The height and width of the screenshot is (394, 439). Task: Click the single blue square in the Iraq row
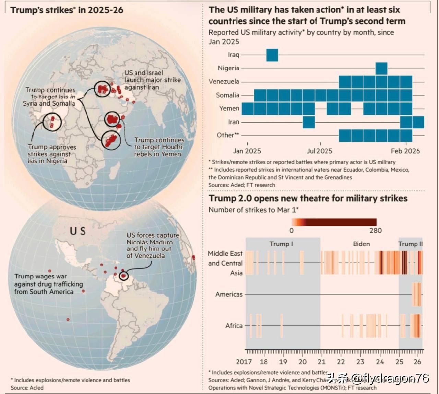tap(272, 55)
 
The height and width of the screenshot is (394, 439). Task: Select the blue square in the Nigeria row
tap(381, 68)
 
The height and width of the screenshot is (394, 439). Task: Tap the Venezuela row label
tap(224, 82)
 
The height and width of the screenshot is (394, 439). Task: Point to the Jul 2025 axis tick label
tap(320, 151)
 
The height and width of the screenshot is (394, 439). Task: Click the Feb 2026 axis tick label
tap(405, 151)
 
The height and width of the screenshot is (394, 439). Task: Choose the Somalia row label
tap(227, 95)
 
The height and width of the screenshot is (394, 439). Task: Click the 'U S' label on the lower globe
tap(78, 231)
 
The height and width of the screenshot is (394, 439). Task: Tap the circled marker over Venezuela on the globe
tap(123, 276)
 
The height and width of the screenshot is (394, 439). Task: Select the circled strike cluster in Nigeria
tap(52, 121)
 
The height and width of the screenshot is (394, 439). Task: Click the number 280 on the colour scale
tap(376, 231)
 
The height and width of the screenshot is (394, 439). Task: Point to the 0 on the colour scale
tap(292, 231)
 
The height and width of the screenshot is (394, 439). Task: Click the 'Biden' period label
tap(361, 244)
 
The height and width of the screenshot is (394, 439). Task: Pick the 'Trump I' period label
tap(281, 244)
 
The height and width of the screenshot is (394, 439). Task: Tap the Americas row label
tap(229, 294)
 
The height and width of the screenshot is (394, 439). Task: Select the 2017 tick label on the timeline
tap(244, 362)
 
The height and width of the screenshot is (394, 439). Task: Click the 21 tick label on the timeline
tap(321, 362)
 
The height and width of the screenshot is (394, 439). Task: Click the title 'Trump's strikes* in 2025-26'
tap(67, 10)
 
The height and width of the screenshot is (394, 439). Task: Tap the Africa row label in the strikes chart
tap(234, 326)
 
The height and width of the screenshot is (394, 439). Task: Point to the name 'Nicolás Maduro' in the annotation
tap(150, 242)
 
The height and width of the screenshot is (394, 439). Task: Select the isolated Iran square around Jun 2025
tap(309, 122)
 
